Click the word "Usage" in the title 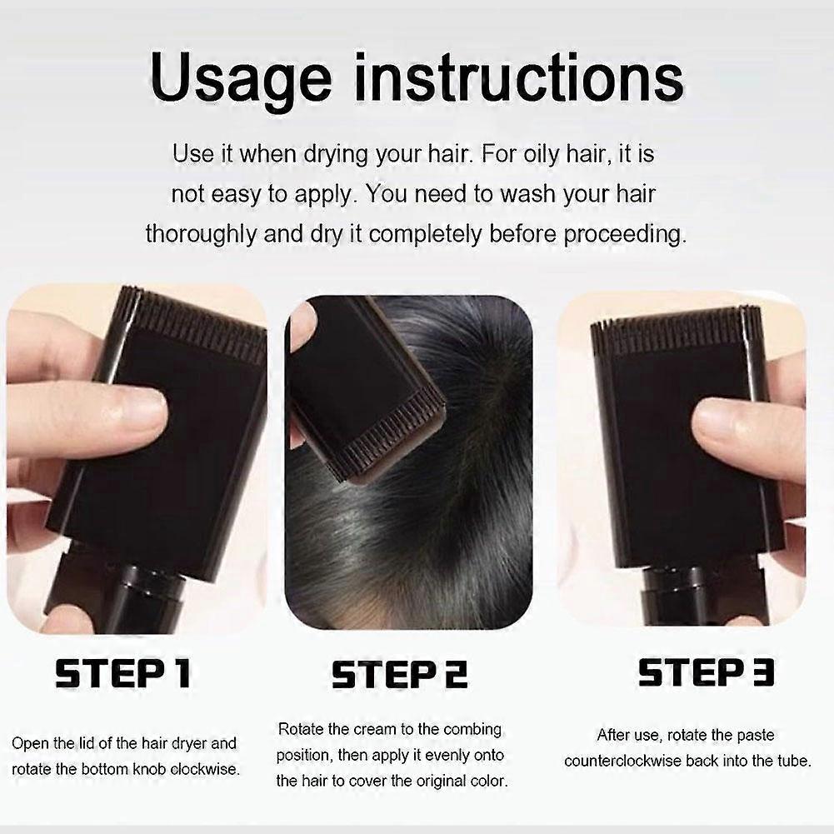[x=241, y=81]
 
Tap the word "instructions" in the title [x=518, y=77]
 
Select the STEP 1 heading [x=122, y=673]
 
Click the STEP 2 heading [x=399, y=674]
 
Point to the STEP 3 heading [x=707, y=672]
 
